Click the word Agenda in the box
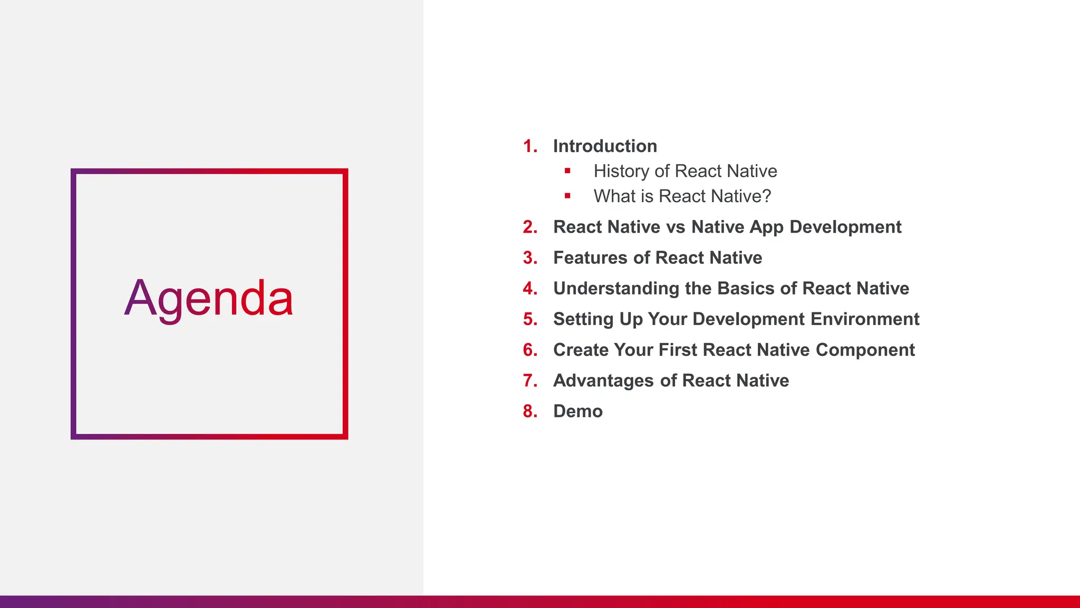pos(209,299)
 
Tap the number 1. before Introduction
pos(530,146)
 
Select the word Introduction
pos(605,146)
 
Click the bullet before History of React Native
pos(567,170)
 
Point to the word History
pos(621,171)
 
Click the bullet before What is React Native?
pos(567,196)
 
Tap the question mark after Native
pos(766,196)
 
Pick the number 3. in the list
pos(530,258)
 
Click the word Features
pos(590,258)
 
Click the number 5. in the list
pos(530,319)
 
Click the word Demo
pos(577,411)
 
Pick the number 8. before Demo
pos(530,411)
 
